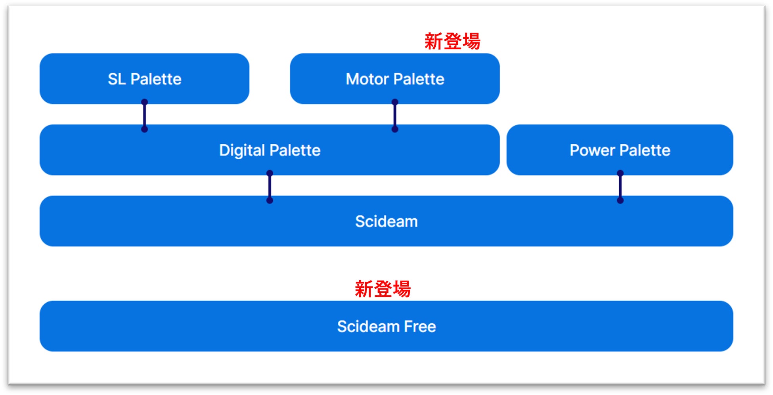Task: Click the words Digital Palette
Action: tap(270, 150)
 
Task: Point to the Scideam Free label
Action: tap(386, 326)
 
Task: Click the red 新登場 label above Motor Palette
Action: tap(452, 41)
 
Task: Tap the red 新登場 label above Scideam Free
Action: tap(383, 289)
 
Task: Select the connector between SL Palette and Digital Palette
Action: tap(145, 116)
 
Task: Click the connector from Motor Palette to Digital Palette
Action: tap(395, 116)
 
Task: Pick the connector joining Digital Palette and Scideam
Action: tap(270, 187)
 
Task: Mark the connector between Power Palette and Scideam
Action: tap(620, 187)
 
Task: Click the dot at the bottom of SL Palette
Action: tap(145, 102)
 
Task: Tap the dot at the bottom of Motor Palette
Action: tap(395, 102)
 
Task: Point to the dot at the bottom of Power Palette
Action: tap(620, 174)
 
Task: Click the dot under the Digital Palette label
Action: tap(270, 174)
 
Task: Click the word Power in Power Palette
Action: tap(592, 150)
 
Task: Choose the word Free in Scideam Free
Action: tap(419, 326)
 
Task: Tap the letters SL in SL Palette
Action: tap(117, 79)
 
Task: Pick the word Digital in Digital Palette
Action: tap(242, 150)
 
